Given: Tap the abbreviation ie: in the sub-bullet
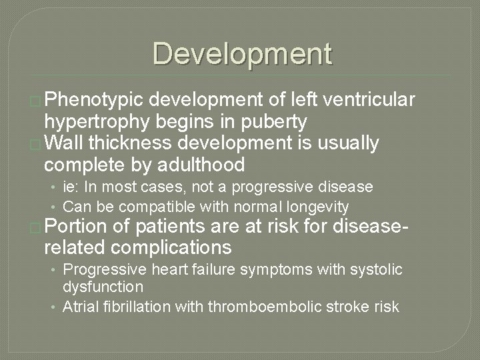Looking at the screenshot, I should [71, 187].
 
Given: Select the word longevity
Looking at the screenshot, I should [318, 206].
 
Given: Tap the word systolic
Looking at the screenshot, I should [378, 269].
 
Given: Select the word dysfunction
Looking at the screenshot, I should [103, 287].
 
